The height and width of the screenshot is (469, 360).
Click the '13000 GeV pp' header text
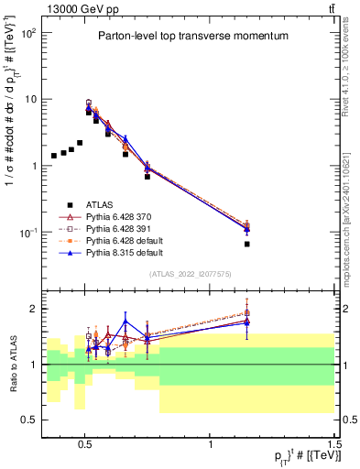(77, 9)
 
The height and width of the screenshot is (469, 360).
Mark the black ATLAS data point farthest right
(247, 245)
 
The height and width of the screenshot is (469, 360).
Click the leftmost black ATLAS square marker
(54, 156)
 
